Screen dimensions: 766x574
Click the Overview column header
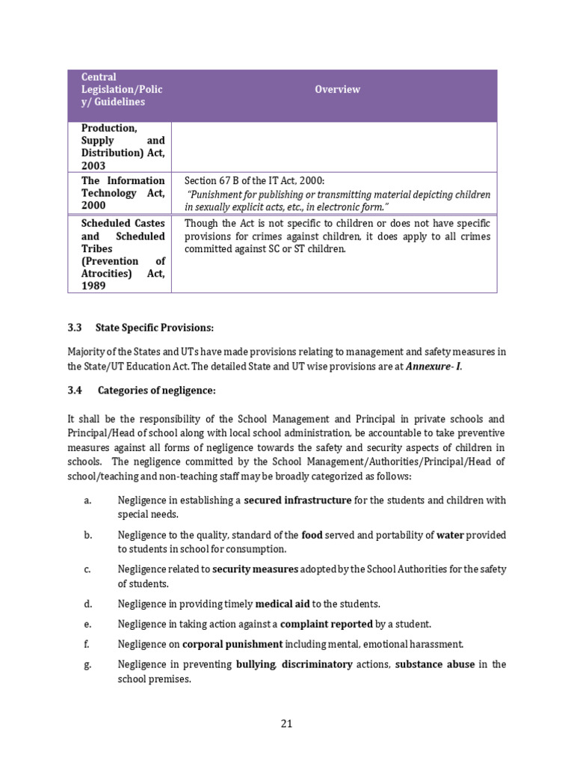tap(337, 90)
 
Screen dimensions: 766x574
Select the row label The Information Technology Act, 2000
tap(123, 193)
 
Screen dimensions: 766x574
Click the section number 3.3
tap(74, 328)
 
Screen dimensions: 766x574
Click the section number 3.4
tap(74, 390)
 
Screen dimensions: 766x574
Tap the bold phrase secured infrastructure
tap(297, 500)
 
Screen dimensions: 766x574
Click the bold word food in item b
tap(311, 535)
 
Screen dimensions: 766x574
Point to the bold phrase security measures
tap(255, 569)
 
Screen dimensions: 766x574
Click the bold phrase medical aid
tap(283, 604)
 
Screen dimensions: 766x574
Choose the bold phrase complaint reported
tap(326, 624)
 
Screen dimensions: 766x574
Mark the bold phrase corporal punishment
tap(232, 643)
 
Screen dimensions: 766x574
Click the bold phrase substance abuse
tap(434, 664)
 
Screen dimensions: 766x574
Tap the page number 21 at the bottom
tap(287, 723)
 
